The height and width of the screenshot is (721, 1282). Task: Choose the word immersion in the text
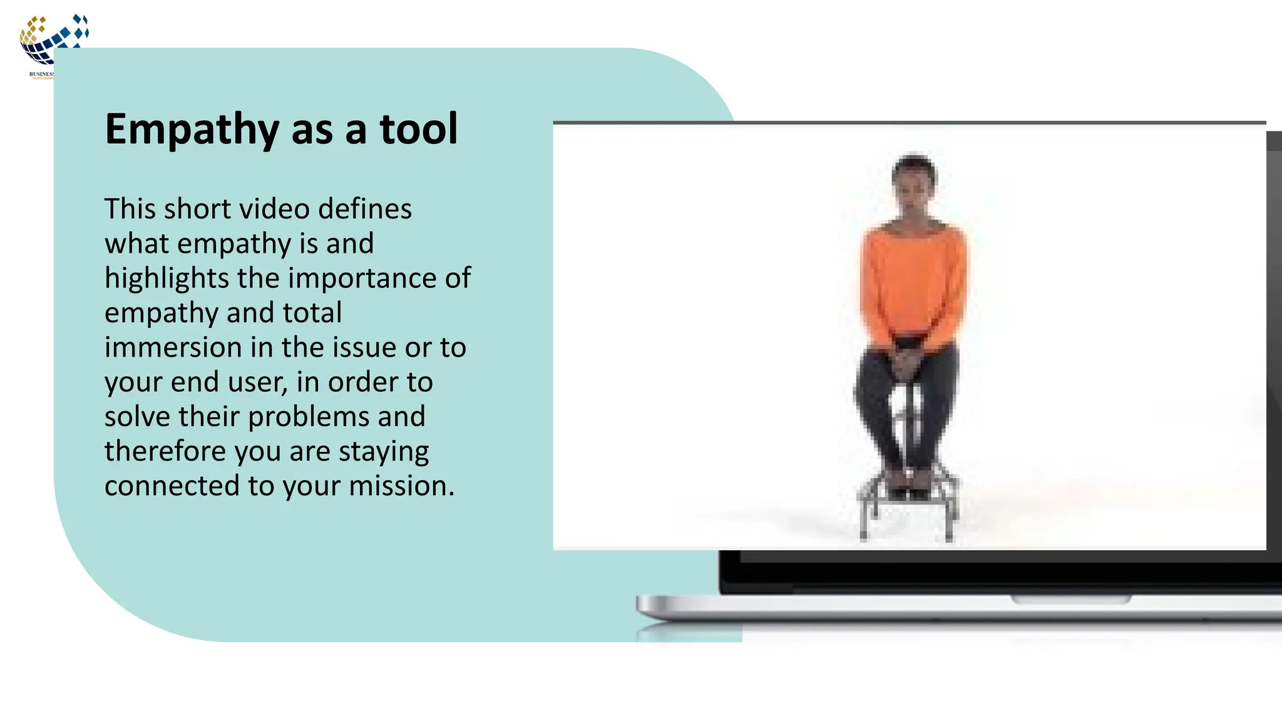[173, 347]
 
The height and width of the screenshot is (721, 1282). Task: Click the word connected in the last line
[172, 486]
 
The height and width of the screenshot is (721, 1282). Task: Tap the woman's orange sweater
[913, 282]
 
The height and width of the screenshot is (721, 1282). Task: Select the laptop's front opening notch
[1071, 600]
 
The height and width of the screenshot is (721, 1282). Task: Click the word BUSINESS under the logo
[41, 74]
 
